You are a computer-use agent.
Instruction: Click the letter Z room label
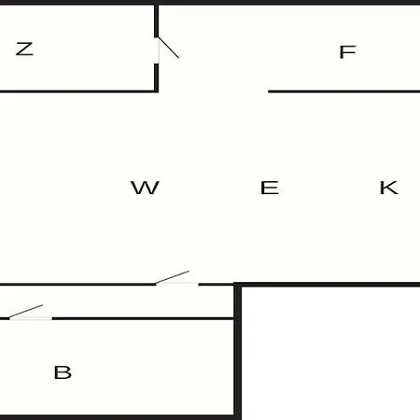pyautogui.click(x=24, y=49)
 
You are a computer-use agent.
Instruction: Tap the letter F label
pyautogui.click(x=347, y=52)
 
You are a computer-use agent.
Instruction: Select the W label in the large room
pyautogui.click(x=145, y=188)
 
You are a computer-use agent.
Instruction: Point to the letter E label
pyautogui.click(x=270, y=188)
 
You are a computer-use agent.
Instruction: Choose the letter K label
pyautogui.click(x=389, y=188)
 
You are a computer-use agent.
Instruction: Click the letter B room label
pyautogui.click(x=63, y=372)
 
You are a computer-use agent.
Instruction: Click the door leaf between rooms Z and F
pyautogui.click(x=168, y=48)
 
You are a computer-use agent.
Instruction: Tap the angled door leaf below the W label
pyautogui.click(x=172, y=277)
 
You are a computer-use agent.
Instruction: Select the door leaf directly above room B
pyautogui.click(x=26, y=312)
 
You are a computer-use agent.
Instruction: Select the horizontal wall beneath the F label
pyautogui.click(x=344, y=91)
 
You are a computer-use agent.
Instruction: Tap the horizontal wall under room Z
pyautogui.click(x=77, y=91)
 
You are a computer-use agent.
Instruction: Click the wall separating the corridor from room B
pyautogui.click(x=143, y=318)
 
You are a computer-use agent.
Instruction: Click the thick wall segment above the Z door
pyautogui.click(x=157, y=21)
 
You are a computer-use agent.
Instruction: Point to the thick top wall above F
pyautogui.click(x=289, y=2)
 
